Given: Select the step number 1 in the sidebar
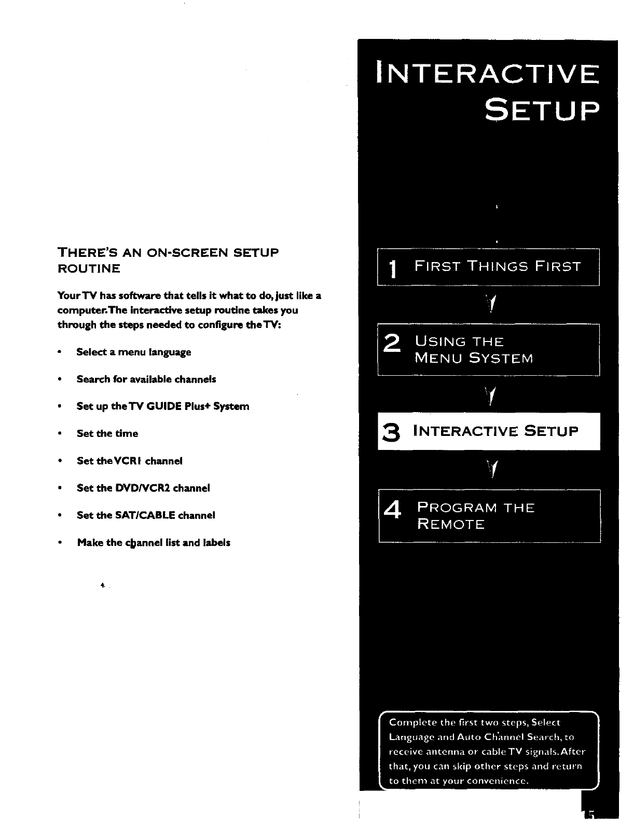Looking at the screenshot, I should pyautogui.click(x=393, y=269).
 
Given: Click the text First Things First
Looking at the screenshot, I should pyautogui.click(x=498, y=267).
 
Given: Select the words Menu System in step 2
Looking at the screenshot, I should pyautogui.click(x=474, y=359).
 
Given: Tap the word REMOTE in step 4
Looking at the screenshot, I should pyautogui.click(x=450, y=525).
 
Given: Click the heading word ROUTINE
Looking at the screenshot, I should pyautogui.click(x=89, y=269).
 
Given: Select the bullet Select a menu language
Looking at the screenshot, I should pyautogui.click(x=133, y=352).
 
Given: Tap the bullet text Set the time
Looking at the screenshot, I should pyautogui.click(x=107, y=434).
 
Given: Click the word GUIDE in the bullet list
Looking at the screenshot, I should pyautogui.click(x=166, y=406).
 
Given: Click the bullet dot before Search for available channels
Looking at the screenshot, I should pyautogui.click(x=61, y=379).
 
